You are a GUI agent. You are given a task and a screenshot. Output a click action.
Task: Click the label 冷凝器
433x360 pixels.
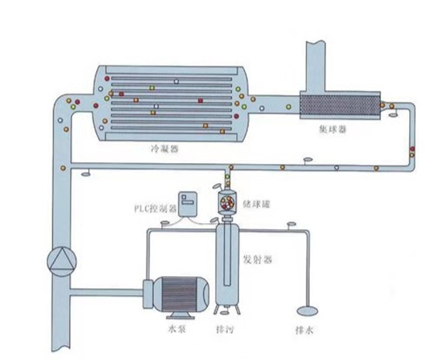pyautogui.click(x=167, y=147)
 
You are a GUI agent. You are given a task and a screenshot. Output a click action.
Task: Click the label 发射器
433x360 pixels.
pyautogui.click(x=257, y=260)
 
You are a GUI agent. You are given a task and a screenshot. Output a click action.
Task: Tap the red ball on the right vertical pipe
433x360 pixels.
pyautogui.click(x=412, y=149)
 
